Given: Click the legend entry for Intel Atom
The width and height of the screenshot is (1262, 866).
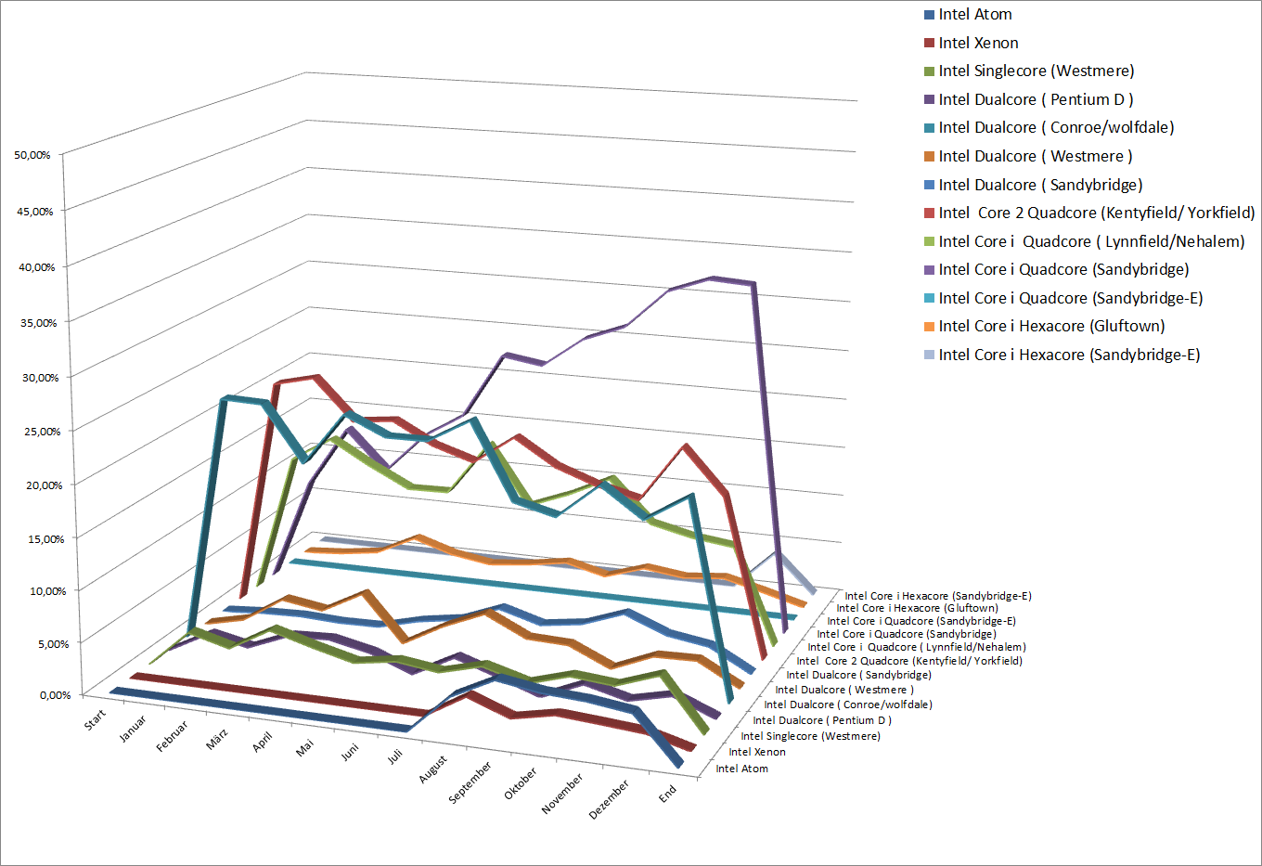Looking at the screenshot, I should point(974,14).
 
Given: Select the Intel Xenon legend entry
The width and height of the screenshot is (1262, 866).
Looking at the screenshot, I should point(978,43).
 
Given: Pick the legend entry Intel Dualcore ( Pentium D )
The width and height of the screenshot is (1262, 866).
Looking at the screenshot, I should point(1036,99).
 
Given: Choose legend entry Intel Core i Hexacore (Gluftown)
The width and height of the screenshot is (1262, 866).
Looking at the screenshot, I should point(1051,326).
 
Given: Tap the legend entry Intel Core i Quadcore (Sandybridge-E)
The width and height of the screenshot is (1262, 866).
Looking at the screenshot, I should point(1070,298).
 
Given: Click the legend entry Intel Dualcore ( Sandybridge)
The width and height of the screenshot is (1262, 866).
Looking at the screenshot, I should point(1040,185).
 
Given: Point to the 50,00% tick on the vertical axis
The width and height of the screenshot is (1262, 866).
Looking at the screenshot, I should point(32,155).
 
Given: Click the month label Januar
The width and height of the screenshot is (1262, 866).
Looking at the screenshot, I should point(134,729).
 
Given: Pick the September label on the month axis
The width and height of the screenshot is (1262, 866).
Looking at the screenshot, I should point(470,782).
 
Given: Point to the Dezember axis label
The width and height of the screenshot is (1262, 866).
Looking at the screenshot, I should point(609,799).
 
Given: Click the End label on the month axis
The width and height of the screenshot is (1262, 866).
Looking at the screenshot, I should point(668,795).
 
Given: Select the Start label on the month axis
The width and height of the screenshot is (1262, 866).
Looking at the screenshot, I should point(96,719).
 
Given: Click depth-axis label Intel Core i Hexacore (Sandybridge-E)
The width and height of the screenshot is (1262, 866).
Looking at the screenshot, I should point(937,596).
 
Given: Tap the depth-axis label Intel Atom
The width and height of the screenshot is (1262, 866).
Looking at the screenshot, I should point(741,769).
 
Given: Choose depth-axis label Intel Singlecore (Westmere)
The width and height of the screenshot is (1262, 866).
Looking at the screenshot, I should point(810,736).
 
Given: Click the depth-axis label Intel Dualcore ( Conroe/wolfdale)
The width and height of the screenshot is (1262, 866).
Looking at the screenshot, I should point(848,704).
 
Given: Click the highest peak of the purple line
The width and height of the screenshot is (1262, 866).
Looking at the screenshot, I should point(712,278).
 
